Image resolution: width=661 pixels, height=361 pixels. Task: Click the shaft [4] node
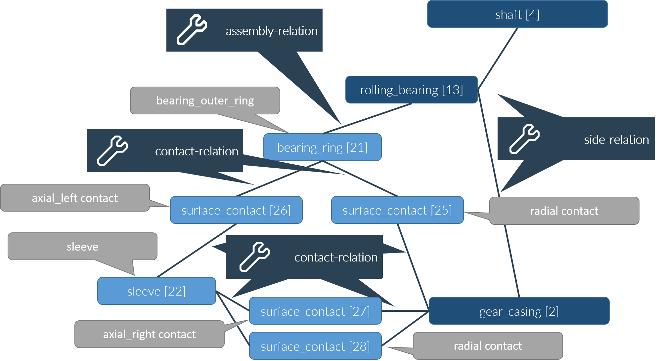tap(517, 14)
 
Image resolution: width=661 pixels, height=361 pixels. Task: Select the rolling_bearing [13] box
tap(411, 90)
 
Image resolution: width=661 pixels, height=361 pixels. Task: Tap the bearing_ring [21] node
tap(322, 147)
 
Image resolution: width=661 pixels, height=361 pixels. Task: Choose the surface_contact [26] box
tap(236, 210)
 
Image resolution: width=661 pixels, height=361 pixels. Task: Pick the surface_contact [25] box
tap(397, 210)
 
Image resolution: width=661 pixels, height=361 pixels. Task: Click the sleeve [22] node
tap(156, 291)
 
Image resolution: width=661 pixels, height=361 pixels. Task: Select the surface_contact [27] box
tap(315, 311)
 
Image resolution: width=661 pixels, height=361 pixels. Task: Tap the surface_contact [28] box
tap(315, 346)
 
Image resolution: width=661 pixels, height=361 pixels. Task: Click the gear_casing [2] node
tap(519, 311)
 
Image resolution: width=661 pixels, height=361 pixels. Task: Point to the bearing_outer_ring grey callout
tap(205, 100)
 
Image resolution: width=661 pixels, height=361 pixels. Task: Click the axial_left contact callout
tap(75, 198)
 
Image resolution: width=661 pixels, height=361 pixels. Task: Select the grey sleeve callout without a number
tap(82, 247)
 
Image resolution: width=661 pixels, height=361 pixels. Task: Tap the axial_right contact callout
tap(149, 334)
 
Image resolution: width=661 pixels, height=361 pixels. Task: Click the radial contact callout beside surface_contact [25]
tap(564, 211)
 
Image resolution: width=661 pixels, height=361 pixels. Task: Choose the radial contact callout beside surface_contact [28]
tap(488, 346)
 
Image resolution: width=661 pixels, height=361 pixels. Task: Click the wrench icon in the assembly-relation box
tap(192, 30)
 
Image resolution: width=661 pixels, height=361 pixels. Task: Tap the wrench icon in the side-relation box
tap(524, 139)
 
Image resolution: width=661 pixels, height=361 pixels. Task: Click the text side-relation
tap(616, 140)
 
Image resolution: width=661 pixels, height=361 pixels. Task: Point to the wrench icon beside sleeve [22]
tap(254, 257)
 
